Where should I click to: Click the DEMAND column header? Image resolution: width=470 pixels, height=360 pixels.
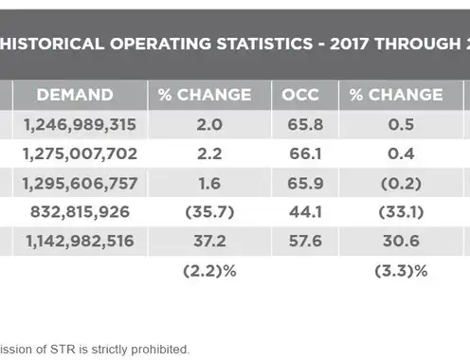click(75, 95)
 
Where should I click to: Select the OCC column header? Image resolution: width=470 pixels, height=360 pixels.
click(300, 95)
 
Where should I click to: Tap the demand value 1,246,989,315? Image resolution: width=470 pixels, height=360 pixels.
click(80, 124)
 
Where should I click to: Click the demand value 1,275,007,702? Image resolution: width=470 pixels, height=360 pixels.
click(80, 153)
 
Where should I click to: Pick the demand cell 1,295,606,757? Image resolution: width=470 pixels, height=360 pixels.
click(80, 183)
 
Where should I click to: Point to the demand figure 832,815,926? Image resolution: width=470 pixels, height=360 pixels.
click(80, 211)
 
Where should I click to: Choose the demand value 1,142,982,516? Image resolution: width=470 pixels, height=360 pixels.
click(80, 241)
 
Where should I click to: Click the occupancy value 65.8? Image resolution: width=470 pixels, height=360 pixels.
click(305, 124)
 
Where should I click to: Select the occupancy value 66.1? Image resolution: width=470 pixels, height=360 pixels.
click(305, 153)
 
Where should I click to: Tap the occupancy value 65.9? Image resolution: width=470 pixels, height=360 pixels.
click(305, 183)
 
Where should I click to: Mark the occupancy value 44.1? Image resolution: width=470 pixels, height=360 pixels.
click(305, 211)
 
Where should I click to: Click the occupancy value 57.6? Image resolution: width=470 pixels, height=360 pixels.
click(305, 241)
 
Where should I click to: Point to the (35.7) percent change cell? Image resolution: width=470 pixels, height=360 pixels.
click(209, 212)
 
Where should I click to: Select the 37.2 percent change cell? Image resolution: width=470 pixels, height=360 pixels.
click(209, 241)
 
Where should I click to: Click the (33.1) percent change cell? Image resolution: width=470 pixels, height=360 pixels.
click(401, 212)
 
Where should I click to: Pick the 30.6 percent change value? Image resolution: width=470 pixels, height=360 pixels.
click(401, 241)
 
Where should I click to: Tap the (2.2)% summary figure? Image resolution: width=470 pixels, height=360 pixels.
click(209, 271)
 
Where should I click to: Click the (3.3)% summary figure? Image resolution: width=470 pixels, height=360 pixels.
click(401, 271)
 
